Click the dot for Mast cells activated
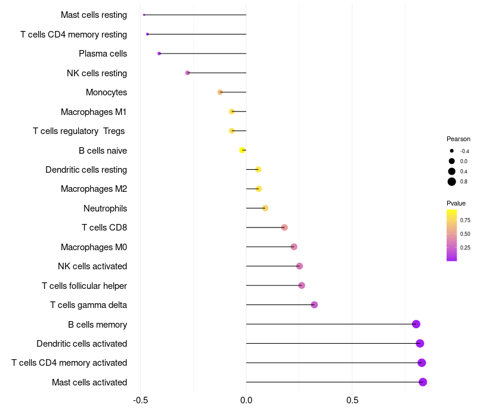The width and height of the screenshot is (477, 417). pyautogui.click(x=423, y=382)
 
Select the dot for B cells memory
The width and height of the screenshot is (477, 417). pyautogui.click(x=416, y=324)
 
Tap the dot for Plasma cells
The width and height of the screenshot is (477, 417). pyautogui.click(x=159, y=54)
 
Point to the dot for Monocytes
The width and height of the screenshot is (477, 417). pyautogui.click(x=220, y=92)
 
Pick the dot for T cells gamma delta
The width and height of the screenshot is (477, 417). pyautogui.click(x=314, y=305)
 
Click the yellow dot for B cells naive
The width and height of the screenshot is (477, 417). pyautogui.click(x=242, y=150)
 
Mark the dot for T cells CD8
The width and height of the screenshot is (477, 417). pyautogui.click(x=284, y=228)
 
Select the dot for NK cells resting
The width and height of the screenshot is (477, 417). pyautogui.click(x=188, y=73)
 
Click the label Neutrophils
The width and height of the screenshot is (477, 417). pyautogui.click(x=105, y=208)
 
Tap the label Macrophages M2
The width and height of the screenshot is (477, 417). pyautogui.click(x=94, y=189)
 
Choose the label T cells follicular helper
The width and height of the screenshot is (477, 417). pyautogui.click(x=84, y=285)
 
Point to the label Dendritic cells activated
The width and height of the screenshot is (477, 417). pyautogui.click(x=82, y=344)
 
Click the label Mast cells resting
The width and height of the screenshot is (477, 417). pyautogui.click(x=94, y=15)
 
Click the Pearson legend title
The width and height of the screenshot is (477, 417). pyautogui.click(x=458, y=139)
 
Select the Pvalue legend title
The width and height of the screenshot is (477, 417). pyautogui.click(x=456, y=203)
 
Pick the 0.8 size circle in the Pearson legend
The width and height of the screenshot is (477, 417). pyautogui.click(x=452, y=182)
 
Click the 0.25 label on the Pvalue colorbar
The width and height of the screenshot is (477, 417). pyautogui.click(x=465, y=248)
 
